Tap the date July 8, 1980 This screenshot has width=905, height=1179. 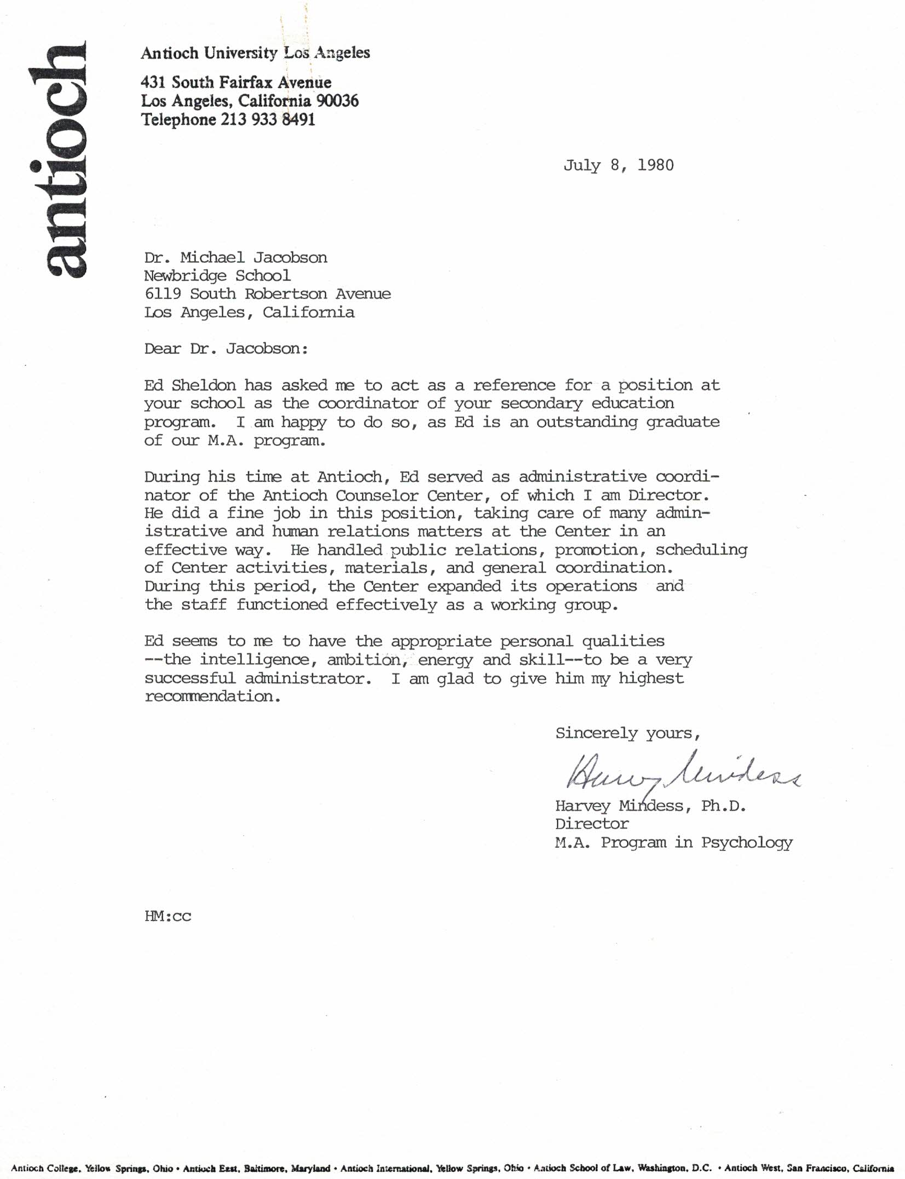pos(618,165)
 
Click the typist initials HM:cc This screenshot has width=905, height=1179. pos(168,916)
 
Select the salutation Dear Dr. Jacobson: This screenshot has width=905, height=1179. pos(226,349)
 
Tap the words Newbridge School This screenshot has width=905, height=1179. pos(217,275)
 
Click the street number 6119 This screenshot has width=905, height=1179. pos(163,294)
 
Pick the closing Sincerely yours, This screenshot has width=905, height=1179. pos(627,733)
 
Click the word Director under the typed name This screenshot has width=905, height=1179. pos(591,824)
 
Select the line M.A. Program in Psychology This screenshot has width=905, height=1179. pos(673,842)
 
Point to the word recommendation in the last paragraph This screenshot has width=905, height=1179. pos(209,697)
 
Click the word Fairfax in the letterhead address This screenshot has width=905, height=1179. pos(246,83)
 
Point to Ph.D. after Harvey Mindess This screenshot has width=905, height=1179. pos(723,806)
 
